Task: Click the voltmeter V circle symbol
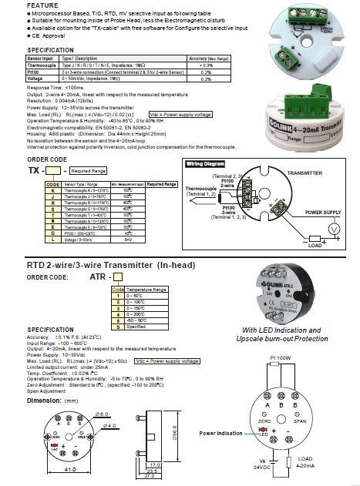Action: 333,230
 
